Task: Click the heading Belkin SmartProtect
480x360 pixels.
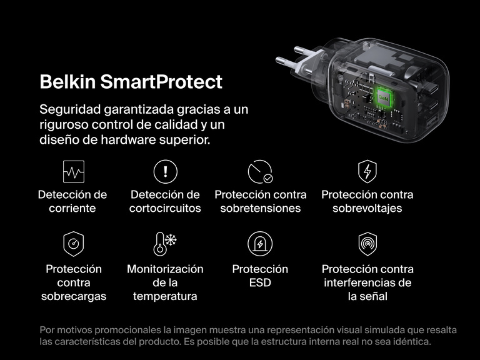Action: click(131, 82)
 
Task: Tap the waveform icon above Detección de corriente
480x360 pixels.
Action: click(73, 171)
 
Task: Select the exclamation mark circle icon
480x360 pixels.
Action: click(165, 171)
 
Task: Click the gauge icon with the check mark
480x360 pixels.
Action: click(260, 171)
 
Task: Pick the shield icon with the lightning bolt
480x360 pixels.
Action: click(367, 171)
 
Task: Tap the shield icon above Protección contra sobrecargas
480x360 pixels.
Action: click(73, 244)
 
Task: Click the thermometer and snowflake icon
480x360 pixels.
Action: click(165, 244)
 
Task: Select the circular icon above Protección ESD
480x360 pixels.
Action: click(260, 244)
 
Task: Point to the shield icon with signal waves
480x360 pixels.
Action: click(367, 244)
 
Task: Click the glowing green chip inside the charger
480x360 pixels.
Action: click(382, 97)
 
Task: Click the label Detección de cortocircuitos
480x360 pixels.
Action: click(165, 201)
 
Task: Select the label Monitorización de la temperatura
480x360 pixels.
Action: click(165, 282)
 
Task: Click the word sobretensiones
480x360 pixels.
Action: click(260, 209)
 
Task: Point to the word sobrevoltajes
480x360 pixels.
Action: click(367, 209)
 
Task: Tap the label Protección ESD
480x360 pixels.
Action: click(260, 276)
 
